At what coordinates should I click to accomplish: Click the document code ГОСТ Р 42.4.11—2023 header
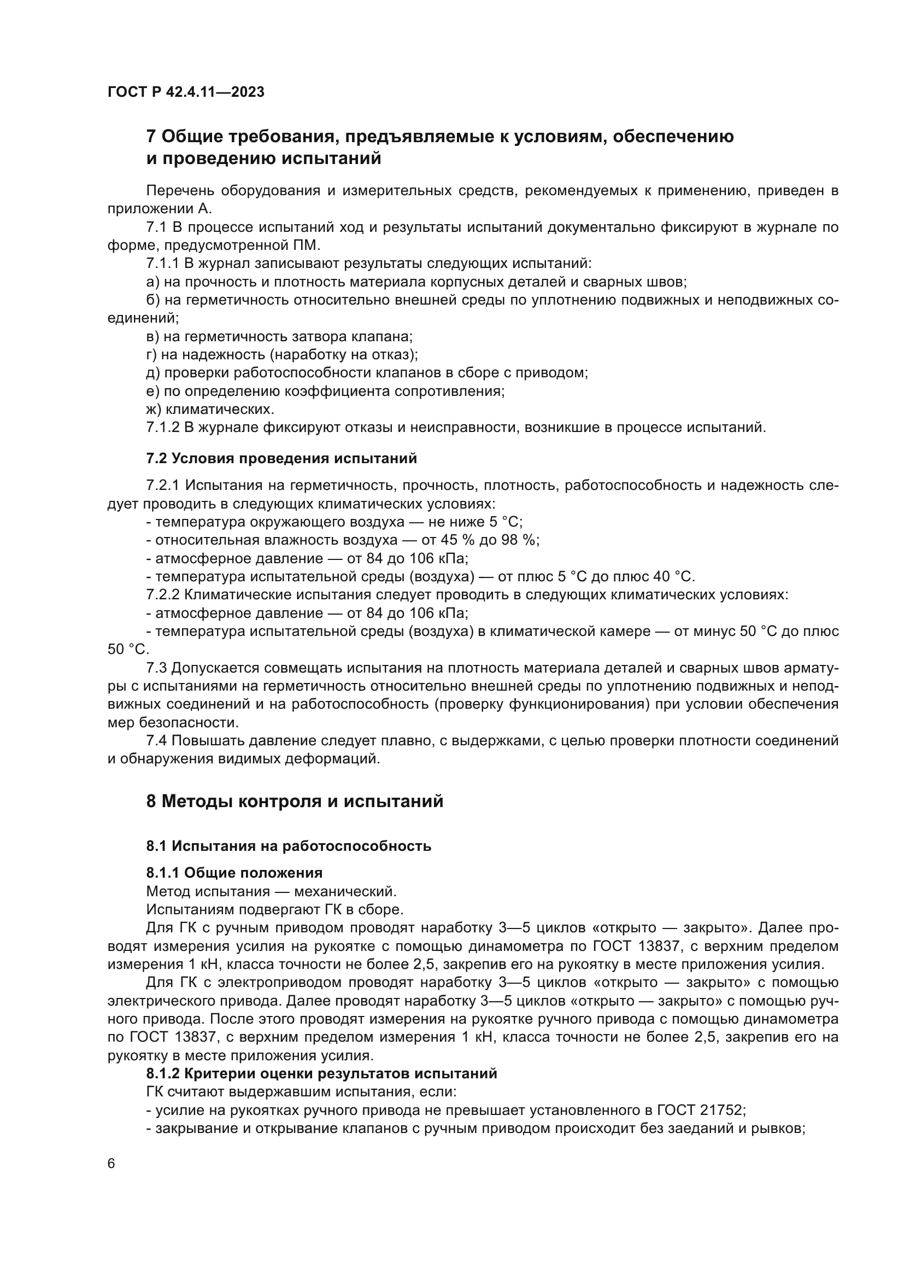click(x=186, y=92)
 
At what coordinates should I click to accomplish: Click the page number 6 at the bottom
click(x=111, y=1164)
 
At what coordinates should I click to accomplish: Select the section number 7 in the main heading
click(x=151, y=137)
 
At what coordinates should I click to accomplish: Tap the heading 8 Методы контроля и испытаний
click(x=295, y=801)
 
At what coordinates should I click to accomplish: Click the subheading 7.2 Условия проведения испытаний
click(x=281, y=458)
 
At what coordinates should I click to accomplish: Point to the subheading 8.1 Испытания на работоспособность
click(x=289, y=845)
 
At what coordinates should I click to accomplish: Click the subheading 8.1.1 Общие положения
click(x=234, y=872)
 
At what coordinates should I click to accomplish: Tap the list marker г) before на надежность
click(x=151, y=355)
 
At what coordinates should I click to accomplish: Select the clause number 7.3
click(x=156, y=668)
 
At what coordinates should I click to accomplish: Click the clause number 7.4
click(x=156, y=741)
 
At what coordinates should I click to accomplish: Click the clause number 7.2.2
click(x=162, y=594)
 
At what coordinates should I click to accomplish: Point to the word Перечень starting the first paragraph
click(x=180, y=191)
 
